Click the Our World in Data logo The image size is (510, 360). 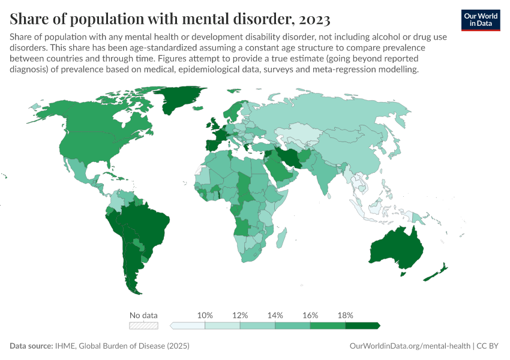481,19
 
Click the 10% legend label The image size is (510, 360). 205,316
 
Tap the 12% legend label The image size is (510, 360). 240,316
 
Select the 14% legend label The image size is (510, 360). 275,316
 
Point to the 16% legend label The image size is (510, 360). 310,316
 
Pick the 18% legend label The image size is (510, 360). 346,316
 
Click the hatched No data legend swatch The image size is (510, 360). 144,326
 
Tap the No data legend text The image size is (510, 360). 144,316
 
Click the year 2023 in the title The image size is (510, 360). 312,19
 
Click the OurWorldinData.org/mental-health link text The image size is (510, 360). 409,346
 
